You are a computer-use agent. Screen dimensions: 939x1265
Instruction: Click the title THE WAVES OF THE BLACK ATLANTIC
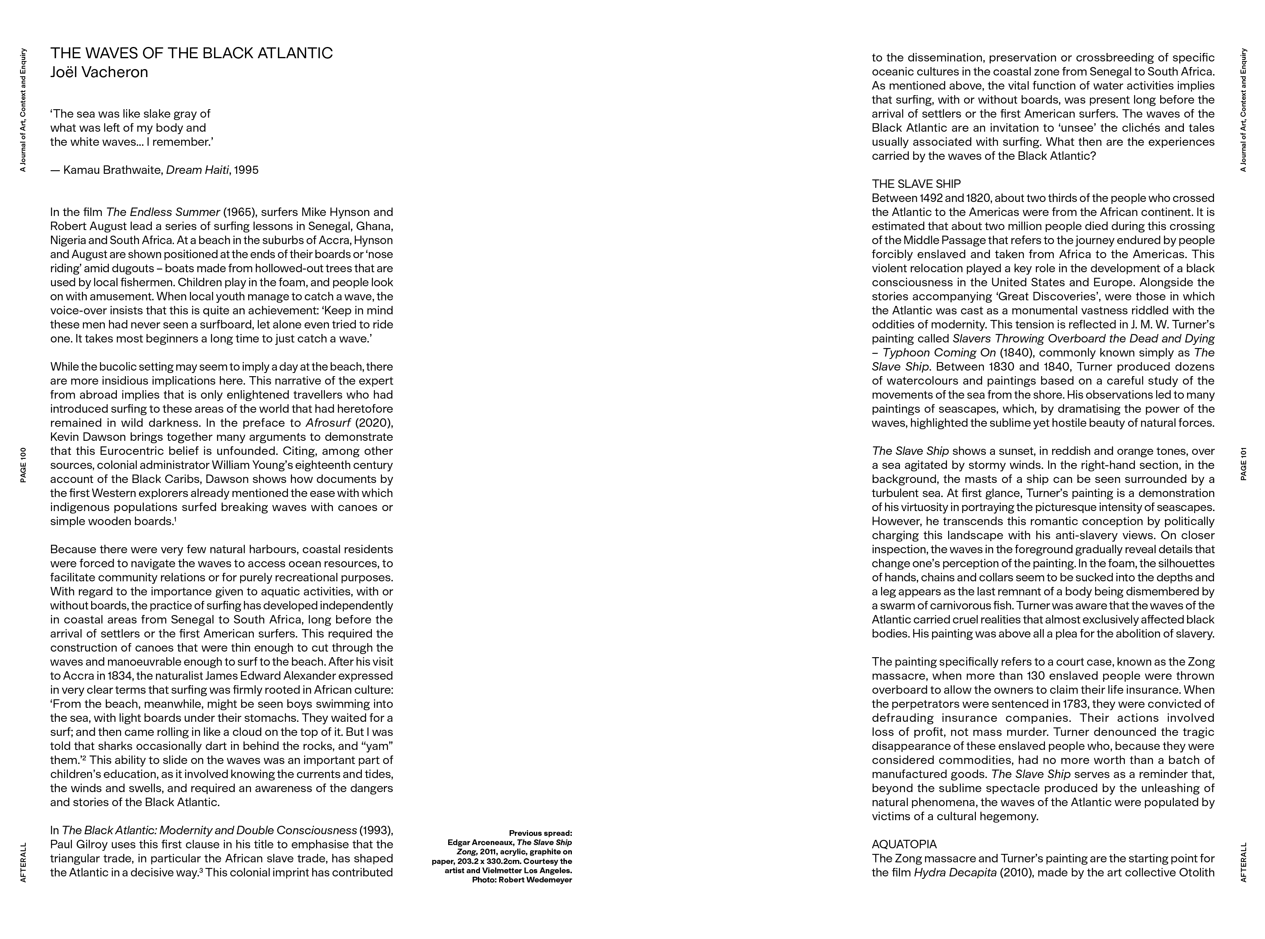pos(192,53)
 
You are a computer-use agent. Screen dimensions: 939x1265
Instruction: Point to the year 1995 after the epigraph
pos(246,170)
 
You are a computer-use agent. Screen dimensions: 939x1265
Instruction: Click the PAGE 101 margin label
pos(1243,464)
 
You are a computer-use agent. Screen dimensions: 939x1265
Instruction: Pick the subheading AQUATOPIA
pos(904,845)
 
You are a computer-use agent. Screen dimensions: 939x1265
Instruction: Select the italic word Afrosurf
pos(327,423)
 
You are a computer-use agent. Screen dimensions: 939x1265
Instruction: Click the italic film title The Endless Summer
pos(163,212)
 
